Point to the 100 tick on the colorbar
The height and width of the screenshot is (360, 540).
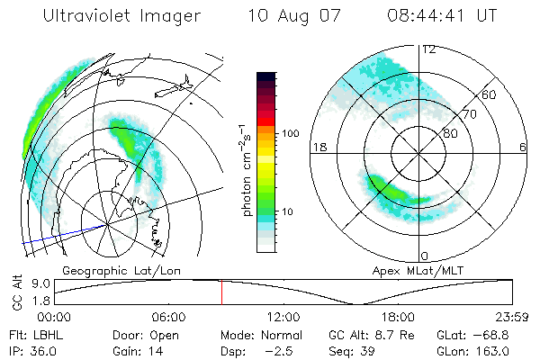click(x=291, y=133)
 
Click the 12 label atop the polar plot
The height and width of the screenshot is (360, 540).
click(x=429, y=49)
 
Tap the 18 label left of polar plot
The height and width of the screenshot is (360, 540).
click(x=317, y=147)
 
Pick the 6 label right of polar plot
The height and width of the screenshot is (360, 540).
click(x=523, y=147)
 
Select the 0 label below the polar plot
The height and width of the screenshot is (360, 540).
click(x=424, y=256)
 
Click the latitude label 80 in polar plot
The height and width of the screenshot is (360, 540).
click(x=451, y=133)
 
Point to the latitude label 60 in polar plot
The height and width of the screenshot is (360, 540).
click(x=490, y=94)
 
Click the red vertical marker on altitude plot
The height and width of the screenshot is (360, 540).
click(x=221, y=292)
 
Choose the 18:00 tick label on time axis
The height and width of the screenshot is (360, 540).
click(x=398, y=317)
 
